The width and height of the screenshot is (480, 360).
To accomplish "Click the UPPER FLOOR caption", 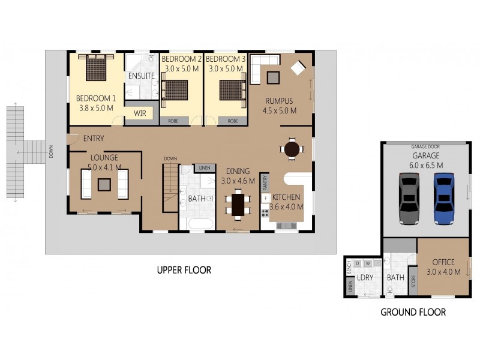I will [184, 270].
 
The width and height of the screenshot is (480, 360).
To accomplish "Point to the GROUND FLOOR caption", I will [413, 312].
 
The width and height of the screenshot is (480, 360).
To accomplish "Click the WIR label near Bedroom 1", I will [139, 113].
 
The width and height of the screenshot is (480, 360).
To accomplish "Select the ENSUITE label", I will [142, 76].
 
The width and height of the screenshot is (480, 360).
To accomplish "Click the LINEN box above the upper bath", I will [204, 167].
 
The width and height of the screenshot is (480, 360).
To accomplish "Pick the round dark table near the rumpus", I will [292, 149].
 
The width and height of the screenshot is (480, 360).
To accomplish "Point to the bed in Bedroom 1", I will [96, 67].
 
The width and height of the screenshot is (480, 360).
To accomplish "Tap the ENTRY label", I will [94, 139].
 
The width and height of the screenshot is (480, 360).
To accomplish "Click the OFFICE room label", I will [443, 262].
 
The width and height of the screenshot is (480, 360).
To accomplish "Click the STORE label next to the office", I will [412, 282].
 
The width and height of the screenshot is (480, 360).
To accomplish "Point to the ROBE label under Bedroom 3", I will [233, 121].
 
